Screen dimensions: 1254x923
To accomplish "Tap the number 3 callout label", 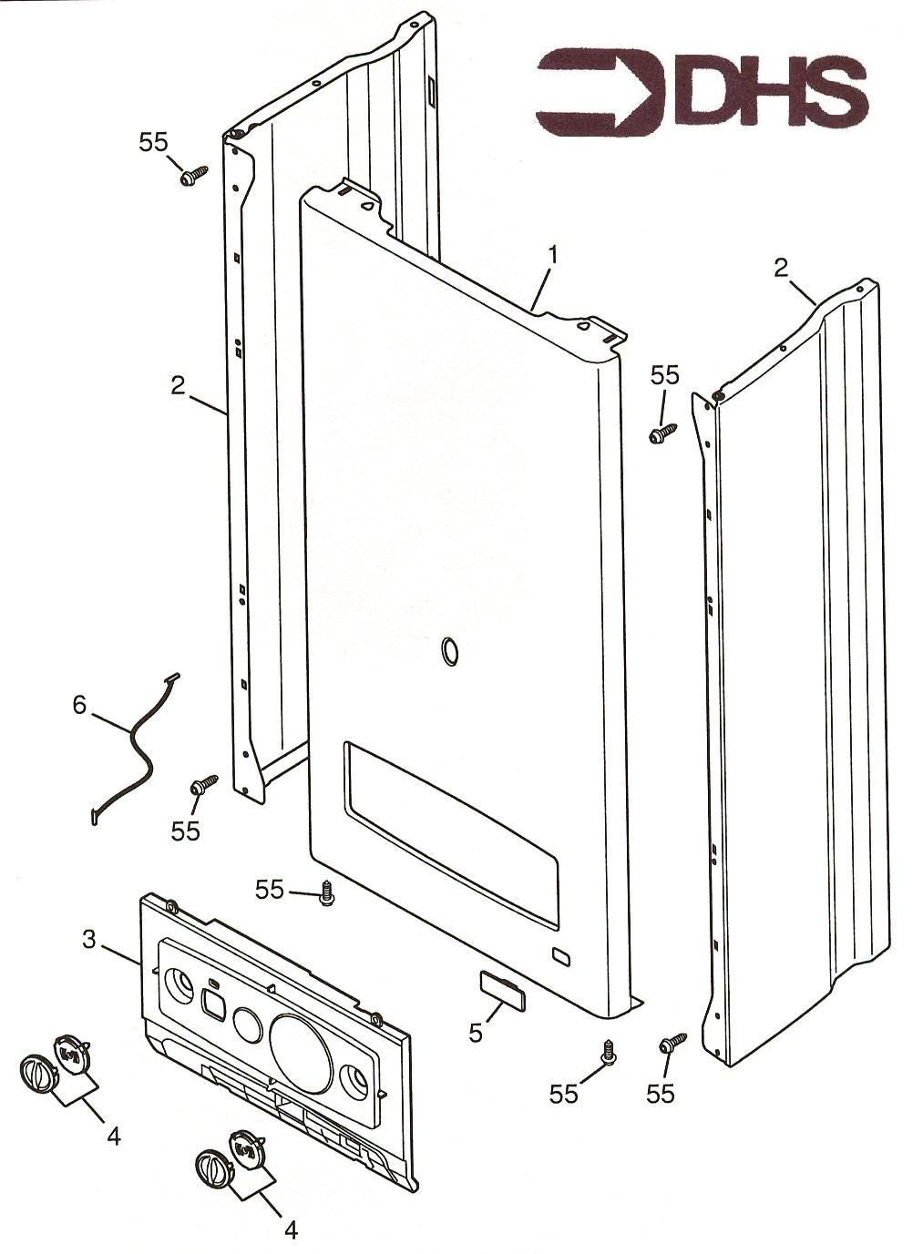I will pos(89,940).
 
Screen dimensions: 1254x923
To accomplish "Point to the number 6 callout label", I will pos(79,706).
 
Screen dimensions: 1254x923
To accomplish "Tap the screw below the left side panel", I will pos(203,783).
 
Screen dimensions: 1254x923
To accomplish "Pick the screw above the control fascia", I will pos(325,893).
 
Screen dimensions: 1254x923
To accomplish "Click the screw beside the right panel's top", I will pos(662,432).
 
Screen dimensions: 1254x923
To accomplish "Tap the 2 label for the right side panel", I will pos(780,268).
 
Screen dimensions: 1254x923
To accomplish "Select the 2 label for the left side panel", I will pos(177,385).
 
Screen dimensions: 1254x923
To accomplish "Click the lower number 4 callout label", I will pos(291,1230).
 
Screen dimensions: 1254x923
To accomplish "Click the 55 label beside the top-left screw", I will pos(154,142).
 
